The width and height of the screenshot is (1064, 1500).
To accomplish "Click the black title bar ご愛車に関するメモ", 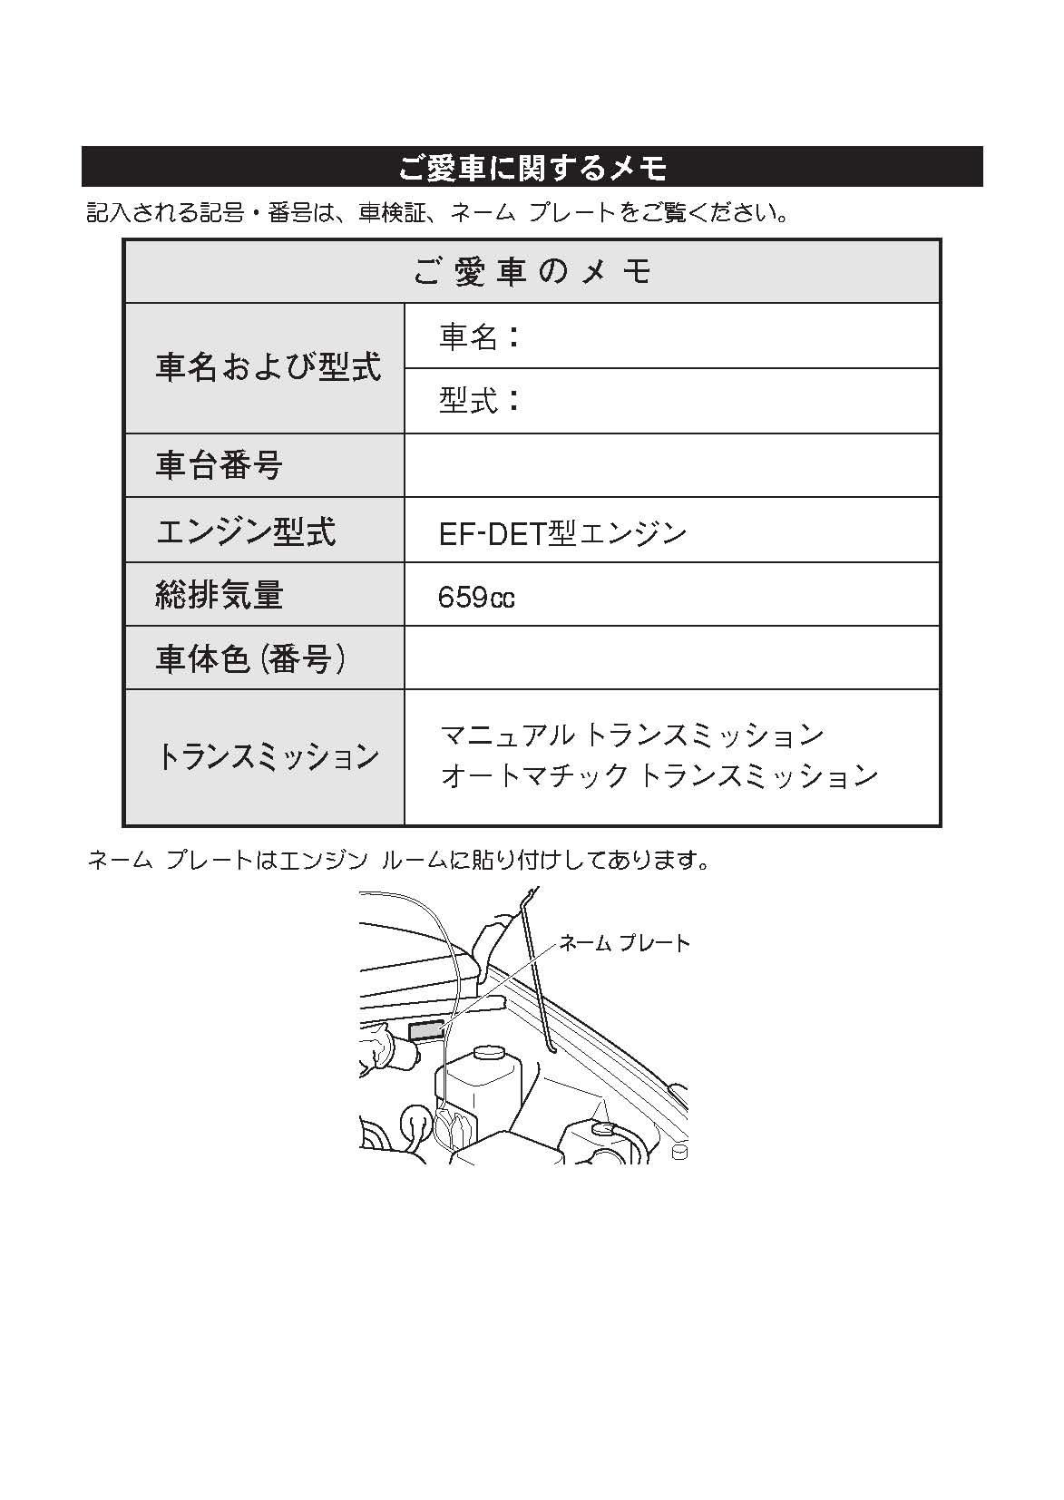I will (x=532, y=167).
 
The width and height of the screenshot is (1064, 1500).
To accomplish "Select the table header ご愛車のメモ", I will (x=532, y=271).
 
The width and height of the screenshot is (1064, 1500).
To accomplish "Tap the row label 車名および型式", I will (x=268, y=367).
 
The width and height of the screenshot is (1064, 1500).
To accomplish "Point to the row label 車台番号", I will (x=220, y=465).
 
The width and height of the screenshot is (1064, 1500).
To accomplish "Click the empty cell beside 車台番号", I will (x=671, y=465).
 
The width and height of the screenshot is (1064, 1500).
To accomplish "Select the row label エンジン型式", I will (x=246, y=531).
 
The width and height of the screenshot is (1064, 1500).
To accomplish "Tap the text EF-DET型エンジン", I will (x=562, y=533).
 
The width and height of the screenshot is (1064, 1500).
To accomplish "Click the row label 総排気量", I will (x=220, y=595).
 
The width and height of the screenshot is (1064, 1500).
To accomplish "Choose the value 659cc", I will (x=476, y=598).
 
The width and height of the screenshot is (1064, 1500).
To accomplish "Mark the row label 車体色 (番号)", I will (x=251, y=658).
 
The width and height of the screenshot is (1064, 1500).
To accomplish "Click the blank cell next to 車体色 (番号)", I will (x=671, y=658).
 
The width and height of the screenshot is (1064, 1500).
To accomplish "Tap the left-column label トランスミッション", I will (x=268, y=756).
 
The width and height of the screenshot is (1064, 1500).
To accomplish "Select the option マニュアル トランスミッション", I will (x=631, y=734).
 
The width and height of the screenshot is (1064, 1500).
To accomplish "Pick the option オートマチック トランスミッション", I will (x=659, y=776).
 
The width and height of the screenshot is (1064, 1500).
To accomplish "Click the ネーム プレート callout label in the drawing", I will (x=625, y=943).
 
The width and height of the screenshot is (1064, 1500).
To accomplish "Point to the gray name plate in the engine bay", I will (x=426, y=1030).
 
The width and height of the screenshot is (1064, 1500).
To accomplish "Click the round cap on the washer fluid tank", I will (x=489, y=1054).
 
